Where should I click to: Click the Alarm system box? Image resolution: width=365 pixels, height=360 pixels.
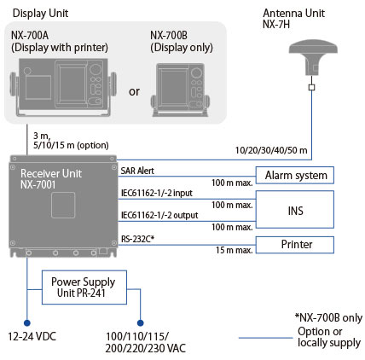click(x=295, y=175)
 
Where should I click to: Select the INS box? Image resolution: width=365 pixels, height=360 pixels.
click(x=295, y=210)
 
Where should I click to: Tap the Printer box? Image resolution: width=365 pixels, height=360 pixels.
click(x=295, y=245)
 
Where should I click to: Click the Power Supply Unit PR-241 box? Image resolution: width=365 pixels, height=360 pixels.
click(x=84, y=287)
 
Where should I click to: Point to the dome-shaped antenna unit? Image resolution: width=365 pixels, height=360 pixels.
click(x=313, y=58)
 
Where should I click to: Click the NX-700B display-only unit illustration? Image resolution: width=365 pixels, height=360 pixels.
click(x=180, y=90)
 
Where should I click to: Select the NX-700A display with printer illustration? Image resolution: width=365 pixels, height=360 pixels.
click(x=63, y=88)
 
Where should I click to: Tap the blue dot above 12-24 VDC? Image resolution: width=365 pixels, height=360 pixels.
click(x=27, y=322)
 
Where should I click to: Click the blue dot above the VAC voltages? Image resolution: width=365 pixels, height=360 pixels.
click(x=140, y=322)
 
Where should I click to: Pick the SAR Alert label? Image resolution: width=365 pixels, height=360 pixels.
click(x=137, y=171)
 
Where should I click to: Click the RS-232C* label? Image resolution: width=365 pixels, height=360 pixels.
click(x=137, y=239)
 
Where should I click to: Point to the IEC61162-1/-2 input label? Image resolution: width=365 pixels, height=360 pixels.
click(x=157, y=193)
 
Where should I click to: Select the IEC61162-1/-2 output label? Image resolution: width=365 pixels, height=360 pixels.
click(x=159, y=215)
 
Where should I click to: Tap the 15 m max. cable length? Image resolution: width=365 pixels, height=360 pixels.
click(x=234, y=250)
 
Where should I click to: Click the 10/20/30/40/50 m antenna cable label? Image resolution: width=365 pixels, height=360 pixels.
click(x=271, y=150)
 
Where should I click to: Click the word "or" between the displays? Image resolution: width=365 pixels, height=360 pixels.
click(x=134, y=91)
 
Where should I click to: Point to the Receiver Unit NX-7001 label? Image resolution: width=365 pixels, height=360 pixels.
click(x=51, y=179)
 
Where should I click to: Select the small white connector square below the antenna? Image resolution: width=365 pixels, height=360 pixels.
click(x=312, y=87)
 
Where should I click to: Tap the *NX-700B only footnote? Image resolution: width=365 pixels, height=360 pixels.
click(x=328, y=317)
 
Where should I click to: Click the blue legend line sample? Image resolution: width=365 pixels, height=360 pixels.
click(x=266, y=338)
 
